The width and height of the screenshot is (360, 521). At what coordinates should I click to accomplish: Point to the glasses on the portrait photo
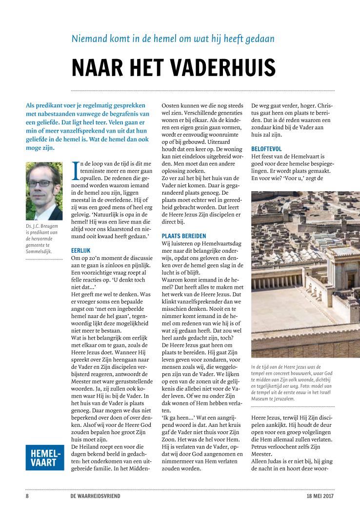coord(44,183)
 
